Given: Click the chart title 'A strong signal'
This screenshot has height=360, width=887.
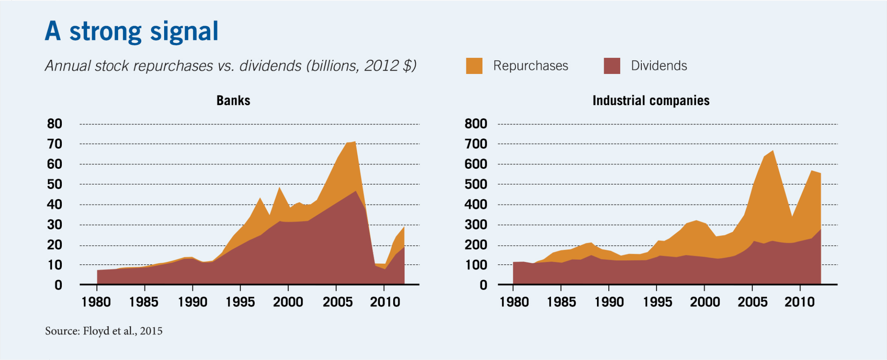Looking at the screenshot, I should [x=131, y=31].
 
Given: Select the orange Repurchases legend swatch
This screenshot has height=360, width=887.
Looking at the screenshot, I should [x=474, y=66].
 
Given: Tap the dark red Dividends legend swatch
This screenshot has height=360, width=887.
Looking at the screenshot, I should [x=612, y=66].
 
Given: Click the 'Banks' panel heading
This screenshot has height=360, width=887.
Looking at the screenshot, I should [x=233, y=101].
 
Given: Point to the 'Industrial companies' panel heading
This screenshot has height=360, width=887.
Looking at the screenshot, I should [x=651, y=101].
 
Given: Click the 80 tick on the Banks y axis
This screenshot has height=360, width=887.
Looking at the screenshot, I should [x=55, y=124].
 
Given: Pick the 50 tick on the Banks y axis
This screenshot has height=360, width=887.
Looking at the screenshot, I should [x=55, y=184].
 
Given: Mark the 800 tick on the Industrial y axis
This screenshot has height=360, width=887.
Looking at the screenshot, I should [x=476, y=124].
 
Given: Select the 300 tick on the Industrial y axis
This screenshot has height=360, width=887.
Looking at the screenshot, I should [x=476, y=225].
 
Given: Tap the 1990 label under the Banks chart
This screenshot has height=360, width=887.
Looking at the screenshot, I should [x=192, y=302].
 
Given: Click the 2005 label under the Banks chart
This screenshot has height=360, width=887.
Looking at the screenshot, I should [x=337, y=302].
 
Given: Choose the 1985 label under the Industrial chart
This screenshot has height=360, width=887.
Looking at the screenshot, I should [x=561, y=302].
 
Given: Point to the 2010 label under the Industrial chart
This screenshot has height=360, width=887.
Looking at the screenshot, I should [x=799, y=302].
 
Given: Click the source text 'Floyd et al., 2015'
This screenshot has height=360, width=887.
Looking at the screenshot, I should [x=122, y=331].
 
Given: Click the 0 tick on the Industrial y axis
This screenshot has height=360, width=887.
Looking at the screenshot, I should [x=483, y=285].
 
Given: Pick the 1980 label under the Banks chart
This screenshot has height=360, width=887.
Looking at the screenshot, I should [x=96, y=302].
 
